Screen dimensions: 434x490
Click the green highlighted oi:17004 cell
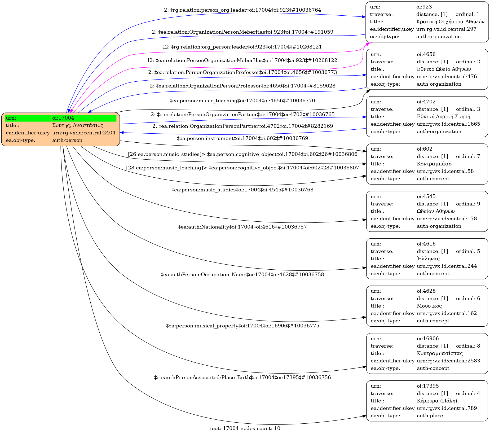[83, 118]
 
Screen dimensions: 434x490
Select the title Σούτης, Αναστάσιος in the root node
[78, 125]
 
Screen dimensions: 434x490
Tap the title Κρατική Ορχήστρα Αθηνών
[450, 22]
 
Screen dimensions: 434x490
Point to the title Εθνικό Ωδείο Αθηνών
[444, 69]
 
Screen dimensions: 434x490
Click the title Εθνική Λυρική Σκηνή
[443, 117]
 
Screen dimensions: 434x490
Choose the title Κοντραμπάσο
[434, 164]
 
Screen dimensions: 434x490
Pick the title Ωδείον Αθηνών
[436, 211]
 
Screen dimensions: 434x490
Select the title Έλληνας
[428, 259]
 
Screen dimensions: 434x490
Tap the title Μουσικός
[429, 306]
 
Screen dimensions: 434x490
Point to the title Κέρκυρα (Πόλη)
[437, 401]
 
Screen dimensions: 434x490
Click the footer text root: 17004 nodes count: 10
[245, 428]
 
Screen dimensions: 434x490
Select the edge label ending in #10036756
[242, 378]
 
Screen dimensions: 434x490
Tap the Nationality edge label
[242, 227]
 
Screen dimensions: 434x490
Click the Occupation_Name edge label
[242, 275]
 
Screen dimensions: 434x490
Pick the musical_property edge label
[242, 326]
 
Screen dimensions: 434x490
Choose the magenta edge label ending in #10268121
[242, 47]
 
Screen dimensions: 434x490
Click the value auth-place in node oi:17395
[430, 416]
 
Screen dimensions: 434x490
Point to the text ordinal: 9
[468, 204]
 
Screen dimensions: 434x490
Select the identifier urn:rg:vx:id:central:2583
[448, 361]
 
